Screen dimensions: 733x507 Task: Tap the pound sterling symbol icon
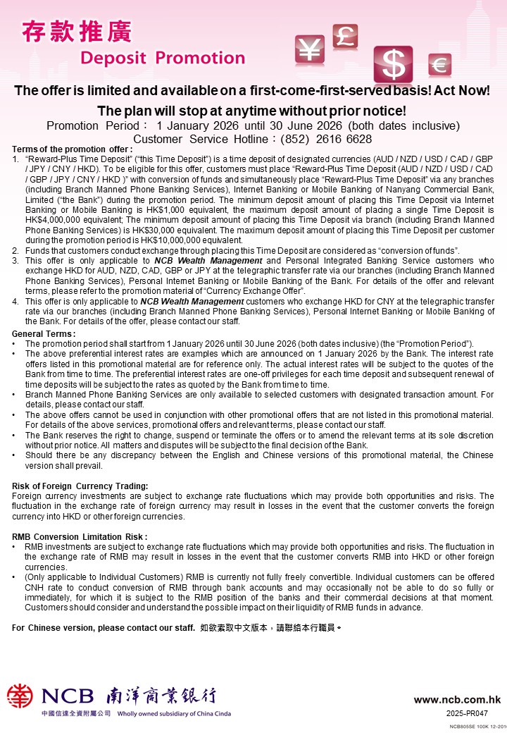pyautogui.click(x=345, y=35)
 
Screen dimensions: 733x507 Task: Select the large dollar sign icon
pyautogui.click(x=393, y=64)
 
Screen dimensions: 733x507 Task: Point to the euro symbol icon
pyautogui.click(x=439, y=66)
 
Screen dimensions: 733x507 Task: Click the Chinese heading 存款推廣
pyautogui.click(x=77, y=32)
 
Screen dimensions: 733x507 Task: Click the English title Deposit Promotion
pyautogui.click(x=163, y=58)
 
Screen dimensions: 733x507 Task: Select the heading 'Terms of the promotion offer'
pyautogui.click(x=73, y=149)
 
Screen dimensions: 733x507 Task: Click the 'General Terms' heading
pyautogui.click(x=44, y=333)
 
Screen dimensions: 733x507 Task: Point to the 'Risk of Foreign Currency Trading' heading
pyautogui.click(x=80, y=486)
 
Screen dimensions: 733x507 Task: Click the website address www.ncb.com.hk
pyautogui.click(x=457, y=700)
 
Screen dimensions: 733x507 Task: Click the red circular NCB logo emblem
pyautogui.click(x=20, y=696)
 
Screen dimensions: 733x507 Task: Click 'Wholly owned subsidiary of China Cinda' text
pyautogui.click(x=176, y=714)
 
